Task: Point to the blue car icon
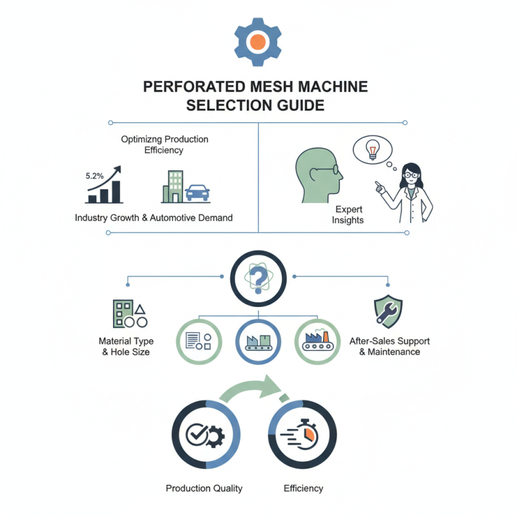197,193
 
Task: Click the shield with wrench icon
388,311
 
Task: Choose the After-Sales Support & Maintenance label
389,346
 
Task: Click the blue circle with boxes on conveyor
258,341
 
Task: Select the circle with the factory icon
317,341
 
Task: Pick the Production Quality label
204,488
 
